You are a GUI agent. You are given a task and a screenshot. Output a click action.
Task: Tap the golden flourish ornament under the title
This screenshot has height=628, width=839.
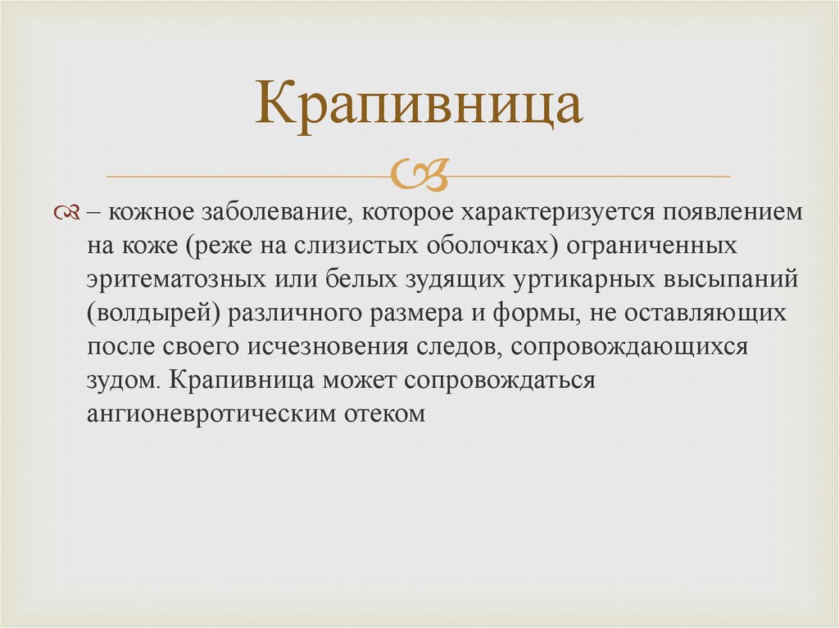point(419,174)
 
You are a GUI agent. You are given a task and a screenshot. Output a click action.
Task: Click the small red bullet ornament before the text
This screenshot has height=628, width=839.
point(67,213)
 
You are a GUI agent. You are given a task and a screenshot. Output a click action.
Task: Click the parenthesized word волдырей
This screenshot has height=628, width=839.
point(158,313)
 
